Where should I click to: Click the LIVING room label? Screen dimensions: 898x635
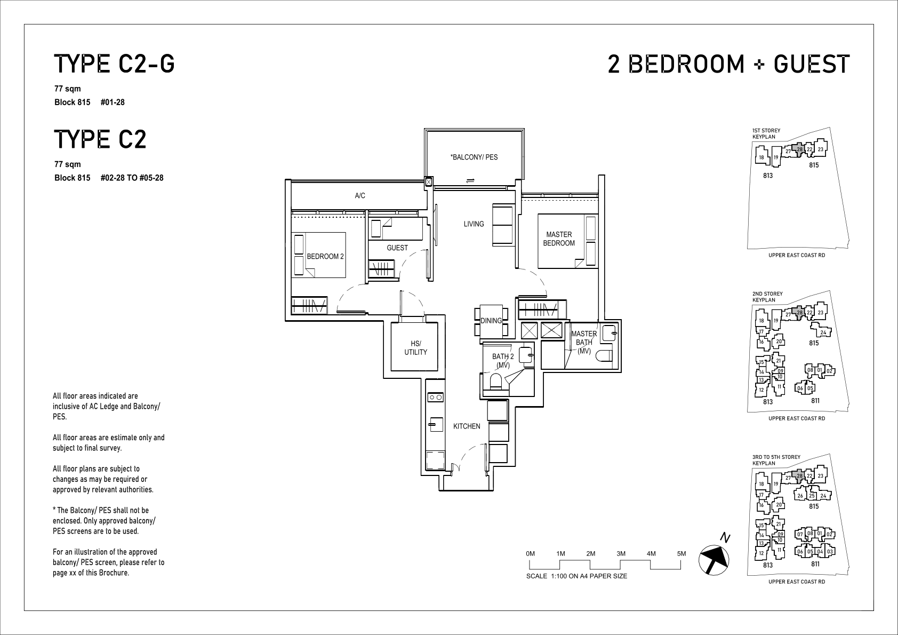474,224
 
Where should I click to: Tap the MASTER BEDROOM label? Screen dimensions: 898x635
559,239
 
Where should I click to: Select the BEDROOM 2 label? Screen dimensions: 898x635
325,256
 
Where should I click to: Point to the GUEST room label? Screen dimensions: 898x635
397,248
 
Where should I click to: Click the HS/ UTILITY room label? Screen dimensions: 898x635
416,348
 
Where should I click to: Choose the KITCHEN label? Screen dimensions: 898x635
467,426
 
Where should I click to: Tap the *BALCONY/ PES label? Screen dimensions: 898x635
474,157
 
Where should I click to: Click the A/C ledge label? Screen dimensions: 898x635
360,196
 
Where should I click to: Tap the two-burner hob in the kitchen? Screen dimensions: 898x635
435,398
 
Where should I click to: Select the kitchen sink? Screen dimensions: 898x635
435,424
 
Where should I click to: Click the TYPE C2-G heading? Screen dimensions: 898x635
114,64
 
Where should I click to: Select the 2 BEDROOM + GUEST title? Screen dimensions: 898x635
728,64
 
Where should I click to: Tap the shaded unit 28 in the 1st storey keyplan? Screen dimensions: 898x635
799,149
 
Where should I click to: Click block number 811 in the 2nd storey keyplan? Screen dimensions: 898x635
815,400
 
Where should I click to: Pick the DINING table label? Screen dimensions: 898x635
491,321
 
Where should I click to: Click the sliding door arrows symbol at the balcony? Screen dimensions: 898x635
470,180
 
